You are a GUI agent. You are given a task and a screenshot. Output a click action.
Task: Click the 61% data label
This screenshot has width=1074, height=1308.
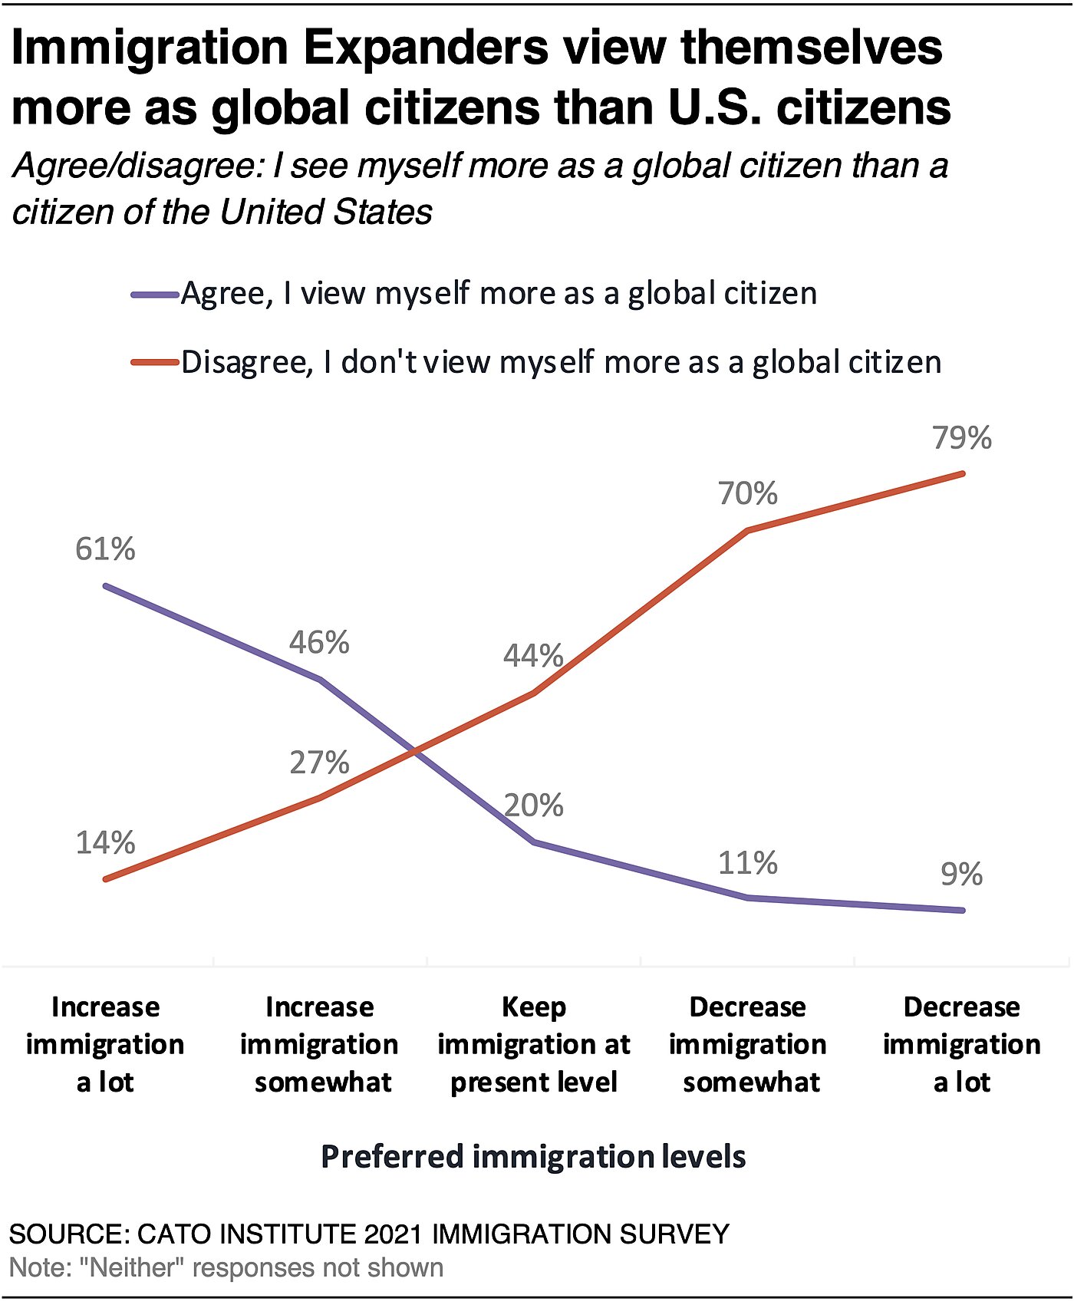(105, 549)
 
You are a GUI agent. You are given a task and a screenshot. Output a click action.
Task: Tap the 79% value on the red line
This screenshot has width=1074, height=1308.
(962, 438)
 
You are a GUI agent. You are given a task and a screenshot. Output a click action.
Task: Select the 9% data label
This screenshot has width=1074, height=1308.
(961, 875)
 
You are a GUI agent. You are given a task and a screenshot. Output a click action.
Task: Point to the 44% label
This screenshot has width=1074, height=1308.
(533, 656)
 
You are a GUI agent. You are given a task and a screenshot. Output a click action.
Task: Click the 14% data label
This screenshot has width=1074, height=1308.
(105, 843)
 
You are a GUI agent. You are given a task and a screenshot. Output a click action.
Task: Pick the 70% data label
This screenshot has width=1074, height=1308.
(748, 493)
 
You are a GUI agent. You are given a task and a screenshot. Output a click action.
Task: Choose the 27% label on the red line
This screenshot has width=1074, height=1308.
(319, 763)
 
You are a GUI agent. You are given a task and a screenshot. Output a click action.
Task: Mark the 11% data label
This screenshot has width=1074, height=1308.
(748, 864)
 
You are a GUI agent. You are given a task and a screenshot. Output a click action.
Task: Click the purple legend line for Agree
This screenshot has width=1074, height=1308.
(155, 294)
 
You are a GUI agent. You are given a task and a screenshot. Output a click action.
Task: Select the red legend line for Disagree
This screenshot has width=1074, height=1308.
(155, 362)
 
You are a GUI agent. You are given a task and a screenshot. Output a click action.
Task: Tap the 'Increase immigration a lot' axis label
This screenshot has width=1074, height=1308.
(105, 1044)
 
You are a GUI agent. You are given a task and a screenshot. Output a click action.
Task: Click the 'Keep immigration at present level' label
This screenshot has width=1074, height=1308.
(534, 1044)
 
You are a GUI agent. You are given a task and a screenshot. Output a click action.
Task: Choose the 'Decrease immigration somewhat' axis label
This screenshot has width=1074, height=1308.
(748, 1044)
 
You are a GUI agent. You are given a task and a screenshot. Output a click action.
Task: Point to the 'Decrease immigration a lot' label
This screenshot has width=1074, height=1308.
(962, 1044)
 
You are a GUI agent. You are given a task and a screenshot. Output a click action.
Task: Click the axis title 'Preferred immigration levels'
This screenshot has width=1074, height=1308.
(533, 1157)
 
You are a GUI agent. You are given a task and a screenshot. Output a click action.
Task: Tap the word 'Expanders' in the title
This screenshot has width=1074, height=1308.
(426, 48)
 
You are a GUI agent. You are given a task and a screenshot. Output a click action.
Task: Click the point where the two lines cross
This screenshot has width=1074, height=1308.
(416, 752)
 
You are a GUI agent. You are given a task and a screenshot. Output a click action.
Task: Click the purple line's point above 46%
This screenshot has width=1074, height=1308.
(320, 680)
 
